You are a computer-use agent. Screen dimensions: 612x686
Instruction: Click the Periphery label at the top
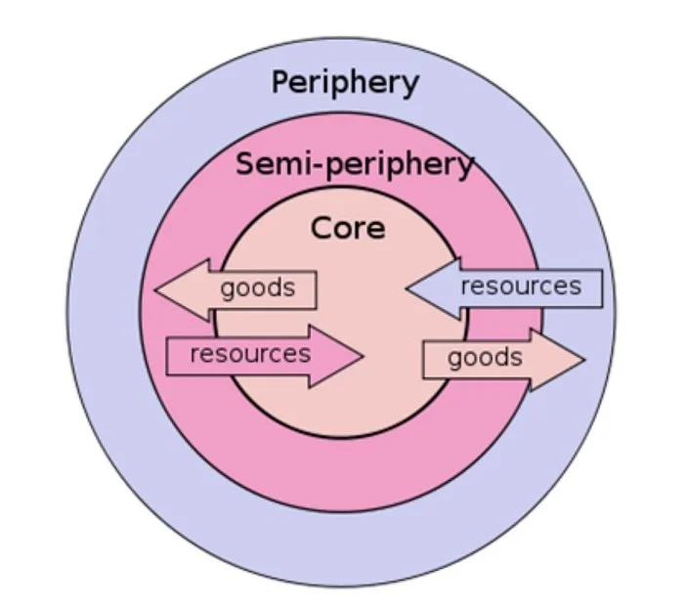(344, 83)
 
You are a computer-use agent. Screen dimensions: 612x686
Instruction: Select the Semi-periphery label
(355, 164)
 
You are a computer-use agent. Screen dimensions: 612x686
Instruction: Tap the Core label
(348, 229)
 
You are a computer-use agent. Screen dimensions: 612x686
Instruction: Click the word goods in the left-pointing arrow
(257, 288)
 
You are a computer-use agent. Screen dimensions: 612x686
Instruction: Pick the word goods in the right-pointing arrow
(485, 358)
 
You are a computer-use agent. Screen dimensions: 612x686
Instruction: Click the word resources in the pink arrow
(250, 354)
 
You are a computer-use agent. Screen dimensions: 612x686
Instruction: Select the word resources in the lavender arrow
(520, 286)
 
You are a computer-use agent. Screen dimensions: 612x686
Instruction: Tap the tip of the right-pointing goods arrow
(583, 359)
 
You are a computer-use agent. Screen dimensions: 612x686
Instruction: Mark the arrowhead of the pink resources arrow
(362, 356)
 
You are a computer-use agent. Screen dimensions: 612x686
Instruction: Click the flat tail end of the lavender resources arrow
(600, 288)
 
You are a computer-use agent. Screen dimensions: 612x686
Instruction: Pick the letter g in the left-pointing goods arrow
(227, 290)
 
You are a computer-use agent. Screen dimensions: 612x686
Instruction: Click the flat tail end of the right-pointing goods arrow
(424, 360)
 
